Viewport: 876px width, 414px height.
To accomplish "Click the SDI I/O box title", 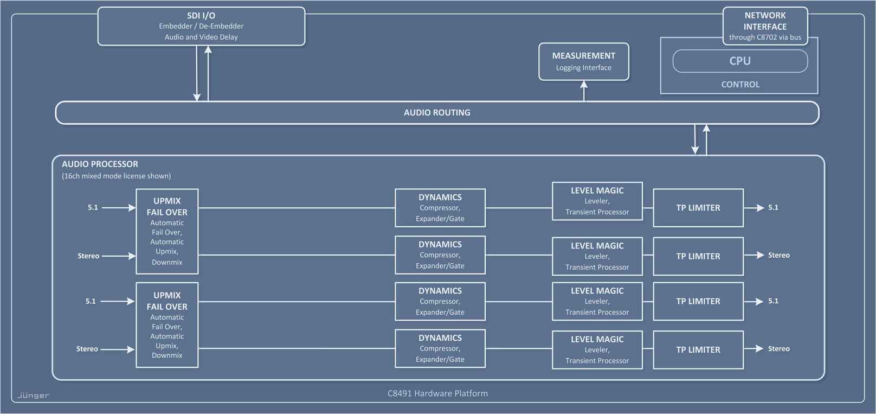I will [201, 16].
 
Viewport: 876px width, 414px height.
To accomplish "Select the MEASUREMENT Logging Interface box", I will [583, 61].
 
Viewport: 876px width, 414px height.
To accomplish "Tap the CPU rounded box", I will [739, 61].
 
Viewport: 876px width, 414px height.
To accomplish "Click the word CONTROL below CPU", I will [740, 85].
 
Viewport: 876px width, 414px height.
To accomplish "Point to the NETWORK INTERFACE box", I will [765, 26].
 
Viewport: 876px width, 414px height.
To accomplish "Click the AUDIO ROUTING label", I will [437, 113].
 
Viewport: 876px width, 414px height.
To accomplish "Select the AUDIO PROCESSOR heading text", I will [100, 164].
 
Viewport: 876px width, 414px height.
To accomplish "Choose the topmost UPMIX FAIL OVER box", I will [167, 231].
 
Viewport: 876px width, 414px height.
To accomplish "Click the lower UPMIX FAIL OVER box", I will [167, 324].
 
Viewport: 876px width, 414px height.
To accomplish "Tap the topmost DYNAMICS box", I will [440, 208].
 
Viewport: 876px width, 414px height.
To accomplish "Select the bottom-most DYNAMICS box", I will [440, 348].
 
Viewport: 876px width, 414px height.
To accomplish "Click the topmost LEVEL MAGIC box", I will [597, 201].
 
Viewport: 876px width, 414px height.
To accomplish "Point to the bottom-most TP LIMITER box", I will [698, 350].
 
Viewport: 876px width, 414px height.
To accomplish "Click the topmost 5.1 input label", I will [93, 207].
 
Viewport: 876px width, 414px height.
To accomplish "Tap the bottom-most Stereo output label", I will [778, 349].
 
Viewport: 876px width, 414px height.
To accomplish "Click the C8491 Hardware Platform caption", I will [437, 393].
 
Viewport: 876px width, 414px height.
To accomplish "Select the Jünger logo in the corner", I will [34, 395].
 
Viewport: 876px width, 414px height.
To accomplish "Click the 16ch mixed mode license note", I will [116, 176].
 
